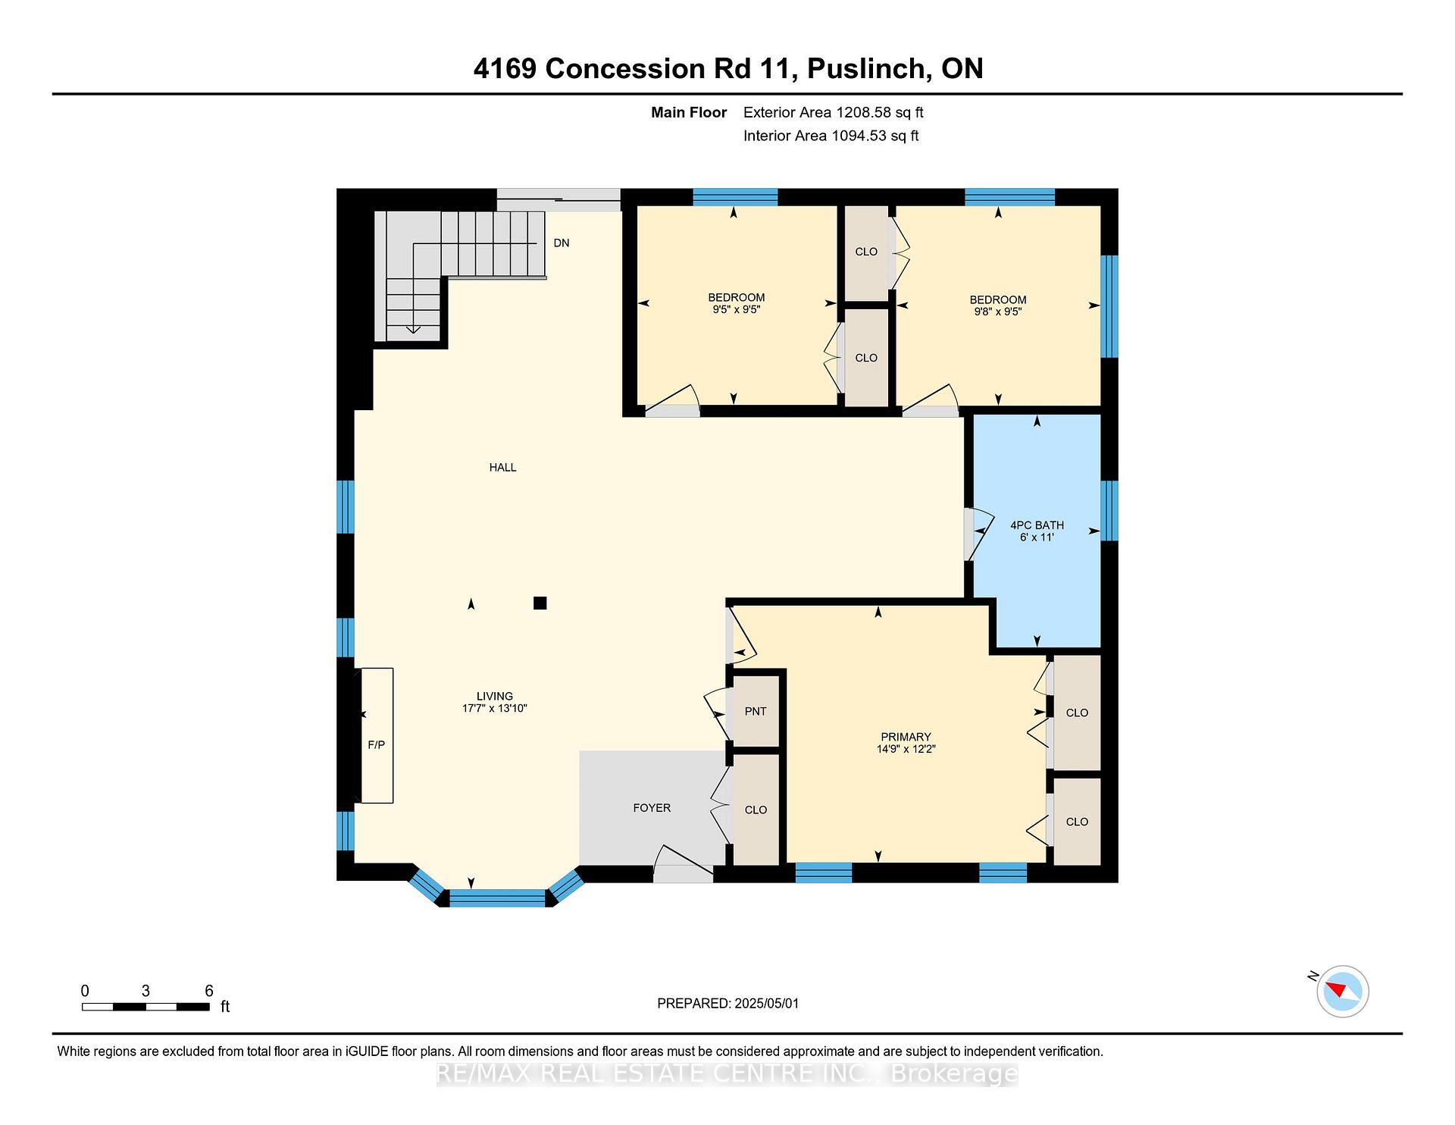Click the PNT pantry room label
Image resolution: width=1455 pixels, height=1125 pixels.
tap(756, 711)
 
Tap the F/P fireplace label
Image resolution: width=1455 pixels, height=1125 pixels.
tap(377, 744)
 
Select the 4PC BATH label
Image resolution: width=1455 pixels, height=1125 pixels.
tap(1037, 525)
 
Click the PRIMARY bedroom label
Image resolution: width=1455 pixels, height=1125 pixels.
tap(906, 737)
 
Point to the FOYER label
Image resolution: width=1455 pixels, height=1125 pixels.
tap(652, 808)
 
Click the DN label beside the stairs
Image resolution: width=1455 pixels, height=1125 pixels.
tap(562, 243)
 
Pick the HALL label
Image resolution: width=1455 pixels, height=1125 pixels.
tap(502, 468)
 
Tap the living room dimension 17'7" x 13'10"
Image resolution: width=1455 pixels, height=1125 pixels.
tap(495, 709)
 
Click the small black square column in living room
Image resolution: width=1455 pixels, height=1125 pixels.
tap(540, 603)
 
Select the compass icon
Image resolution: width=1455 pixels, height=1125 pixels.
tap(1342, 991)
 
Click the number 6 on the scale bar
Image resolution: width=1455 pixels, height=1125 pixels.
tap(209, 991)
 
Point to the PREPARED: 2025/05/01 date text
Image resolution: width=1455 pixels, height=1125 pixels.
tap(727, 1003)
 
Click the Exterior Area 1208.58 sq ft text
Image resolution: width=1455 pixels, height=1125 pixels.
tap(833, 112)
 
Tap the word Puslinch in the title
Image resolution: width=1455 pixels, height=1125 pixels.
tap(869, 68)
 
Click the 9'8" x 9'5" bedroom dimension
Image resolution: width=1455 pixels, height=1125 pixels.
tap(998, 312)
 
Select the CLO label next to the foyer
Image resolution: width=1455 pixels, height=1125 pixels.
tap(756, 810)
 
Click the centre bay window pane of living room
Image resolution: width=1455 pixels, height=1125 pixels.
tap(497, 898)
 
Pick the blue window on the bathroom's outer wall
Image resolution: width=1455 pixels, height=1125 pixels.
tap(1109, 510)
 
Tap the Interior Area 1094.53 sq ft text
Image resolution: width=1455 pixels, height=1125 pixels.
tap(831, 136)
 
